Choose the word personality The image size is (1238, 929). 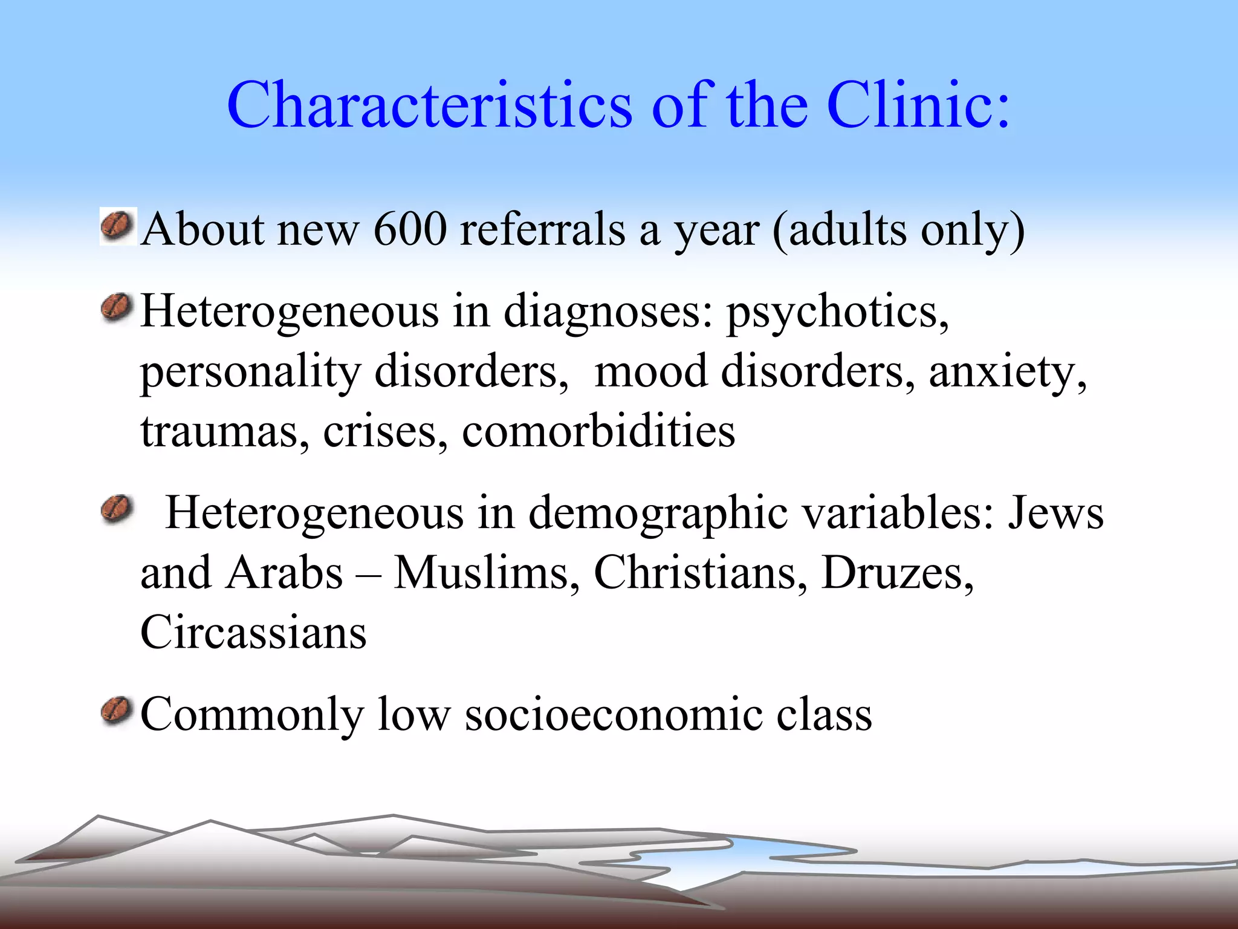(x=250, y=372)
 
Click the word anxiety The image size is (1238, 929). (x=1007, y=372)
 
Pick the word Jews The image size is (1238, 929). (x=1055, y=513)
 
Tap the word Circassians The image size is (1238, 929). (x=253, y=632)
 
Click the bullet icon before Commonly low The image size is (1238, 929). (x=117, y=711)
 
